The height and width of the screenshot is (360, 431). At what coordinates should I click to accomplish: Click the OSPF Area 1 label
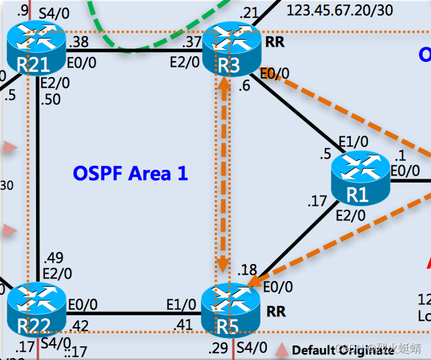(130, 173)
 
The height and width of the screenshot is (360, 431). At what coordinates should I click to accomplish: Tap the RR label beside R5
(276, 311)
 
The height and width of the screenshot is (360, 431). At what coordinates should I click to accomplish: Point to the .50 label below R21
(51, 100)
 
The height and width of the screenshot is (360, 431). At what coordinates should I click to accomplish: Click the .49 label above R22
(54, 258)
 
